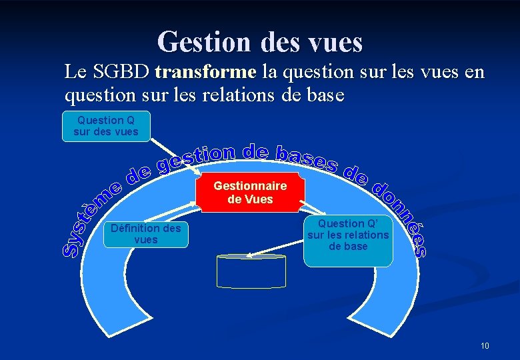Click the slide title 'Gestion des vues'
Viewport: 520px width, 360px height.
[260, 42]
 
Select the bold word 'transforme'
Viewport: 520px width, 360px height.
[205, 71]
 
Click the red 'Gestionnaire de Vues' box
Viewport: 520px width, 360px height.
[250, 192]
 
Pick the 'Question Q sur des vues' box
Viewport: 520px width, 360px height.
[106, 126]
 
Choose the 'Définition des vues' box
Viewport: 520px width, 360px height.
[146, 234]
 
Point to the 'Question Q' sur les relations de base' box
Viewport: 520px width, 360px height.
[348, 235]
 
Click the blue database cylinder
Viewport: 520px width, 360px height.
[251, 271]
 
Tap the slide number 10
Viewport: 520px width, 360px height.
[485, 346]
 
